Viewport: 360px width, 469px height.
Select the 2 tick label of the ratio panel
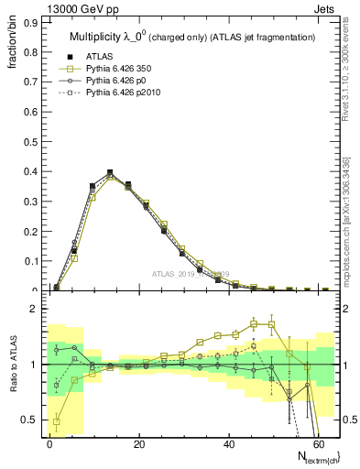tap(34, 309)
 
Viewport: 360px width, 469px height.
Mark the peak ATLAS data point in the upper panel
tap(110, 172)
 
